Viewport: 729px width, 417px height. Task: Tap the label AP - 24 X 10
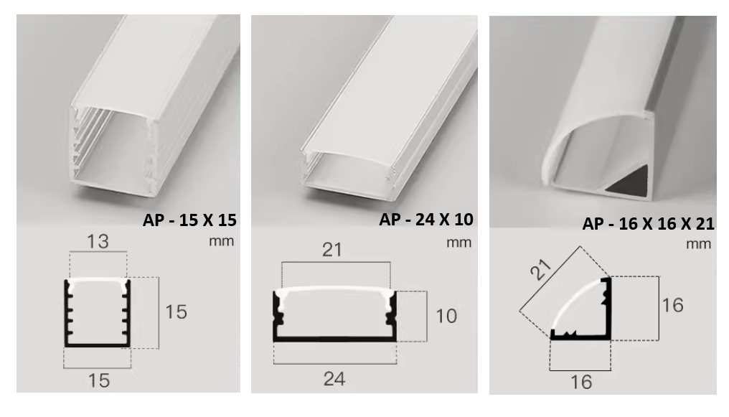[x=426, y=218]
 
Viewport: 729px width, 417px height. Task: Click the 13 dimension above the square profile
[x=98, y=241]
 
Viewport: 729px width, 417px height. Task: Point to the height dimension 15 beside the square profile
[x=176, y=312]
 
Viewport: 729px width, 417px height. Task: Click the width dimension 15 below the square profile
[x=99, y=380]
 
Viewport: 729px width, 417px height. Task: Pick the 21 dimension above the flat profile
[x=333, y=250]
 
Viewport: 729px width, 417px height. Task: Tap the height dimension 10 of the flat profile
[x=446, y=316]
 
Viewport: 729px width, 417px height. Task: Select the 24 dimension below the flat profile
[x=334, y=379]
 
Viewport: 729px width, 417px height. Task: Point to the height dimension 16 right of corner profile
[x=672, y=305]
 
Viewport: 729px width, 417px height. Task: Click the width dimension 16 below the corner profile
[x=582, y=382]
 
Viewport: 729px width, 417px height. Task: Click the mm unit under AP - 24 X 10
[x=458, y=242]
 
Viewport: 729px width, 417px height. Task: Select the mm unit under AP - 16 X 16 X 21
[x=697, y=244]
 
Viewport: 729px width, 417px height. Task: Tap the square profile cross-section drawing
[x=98, y=313]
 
